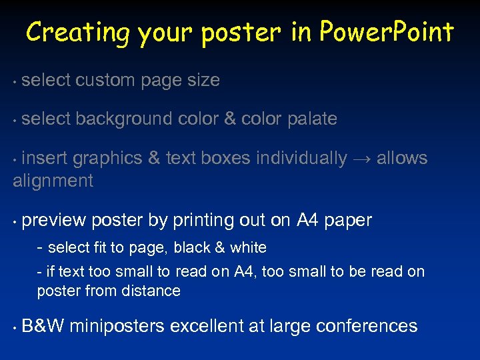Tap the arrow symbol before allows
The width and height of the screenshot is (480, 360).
tap(361, 159)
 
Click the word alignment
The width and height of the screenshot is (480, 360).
tap(53, 181)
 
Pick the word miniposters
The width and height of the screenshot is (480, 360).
tap(117, 326)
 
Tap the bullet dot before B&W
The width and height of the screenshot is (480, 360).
tap(15, 327)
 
